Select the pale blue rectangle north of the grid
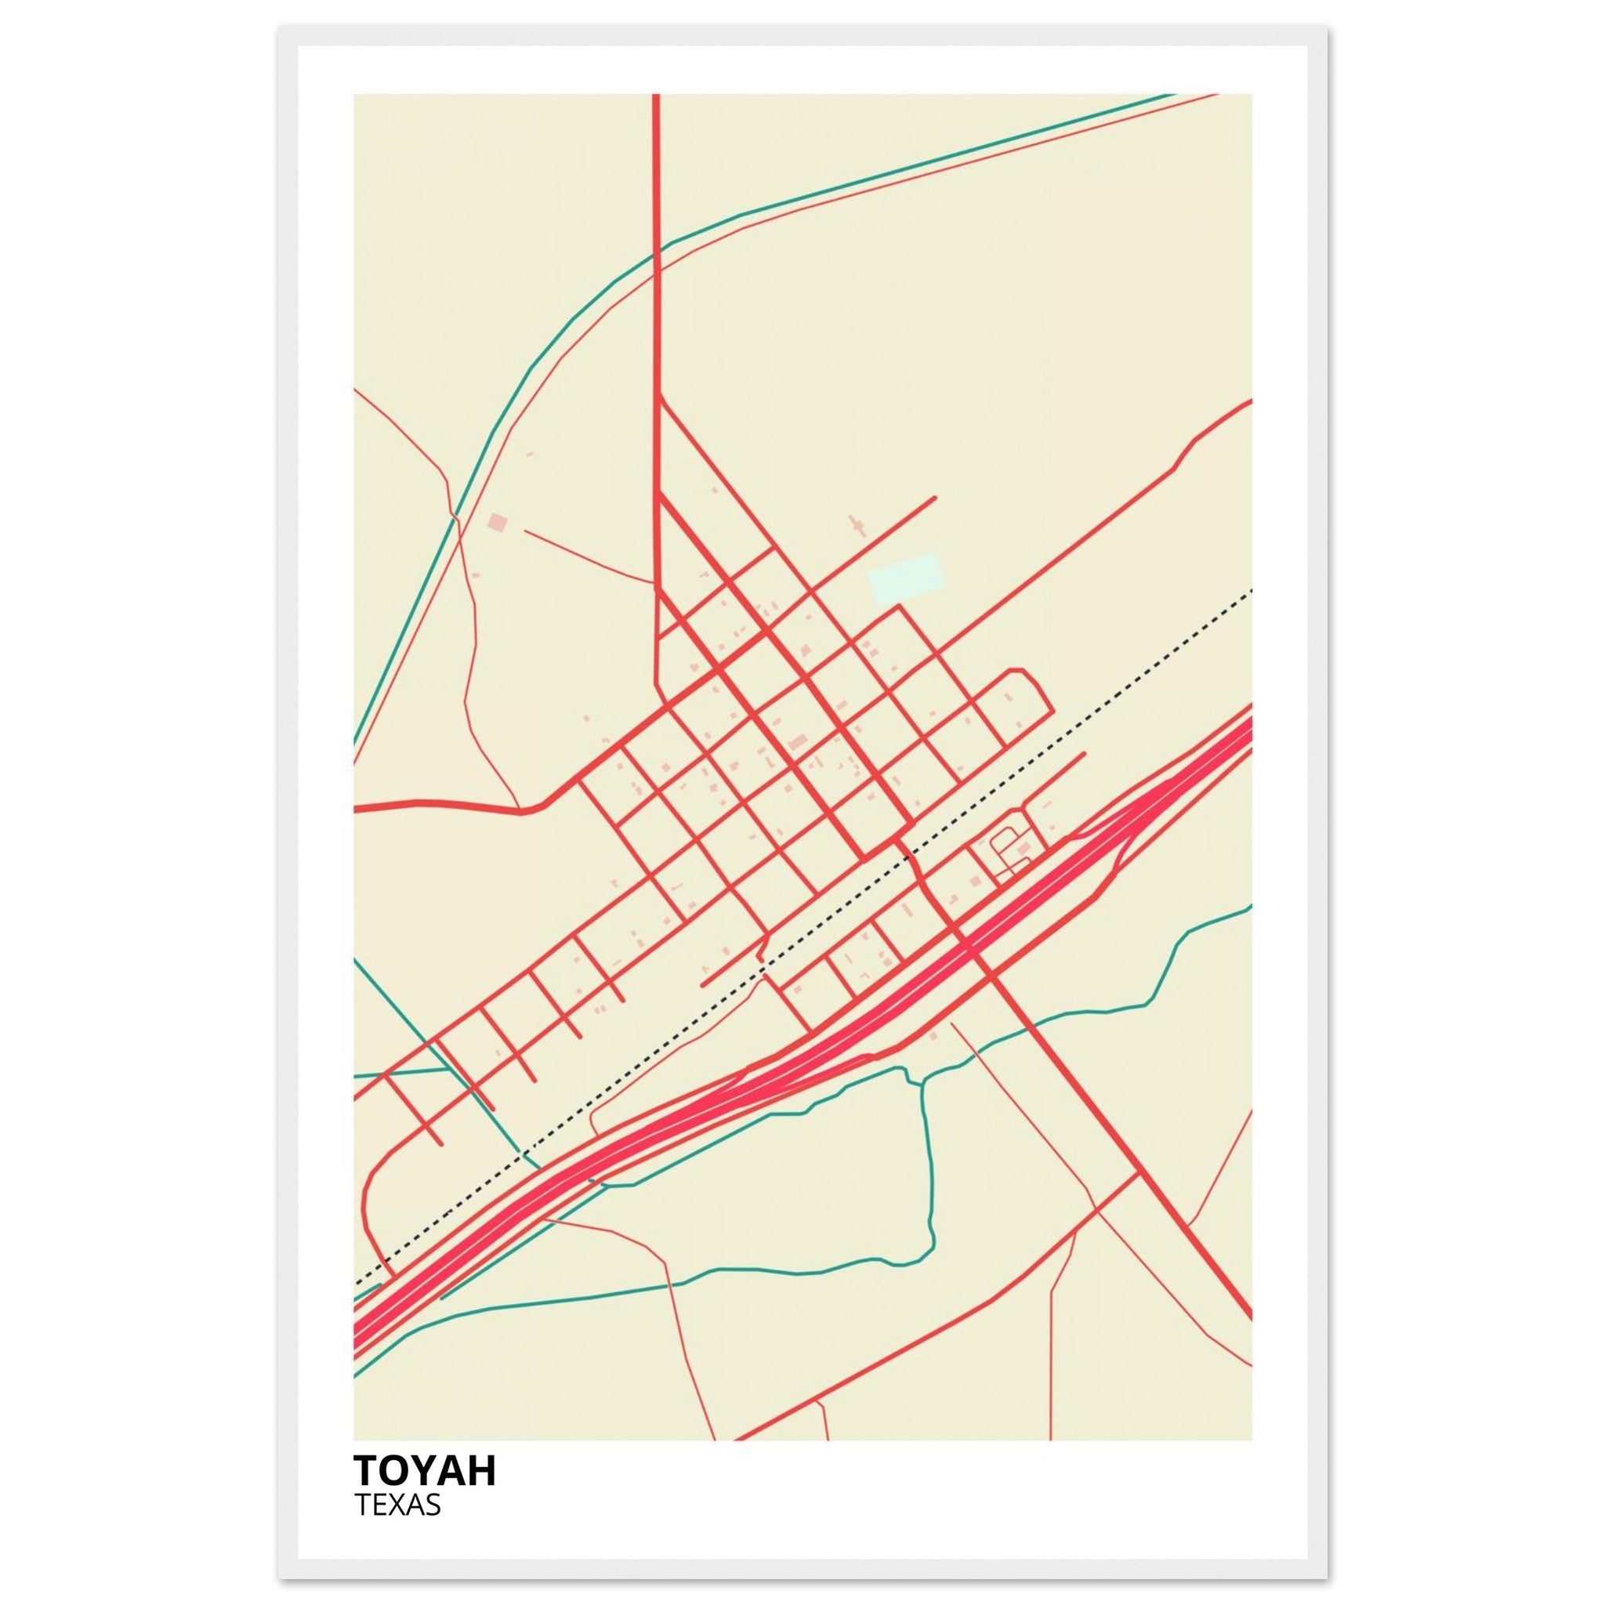(x=905, y=579)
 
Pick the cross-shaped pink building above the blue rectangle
(x=857, y=526)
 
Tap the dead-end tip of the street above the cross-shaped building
(x=935, y=498)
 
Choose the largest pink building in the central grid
(x=799, y=741)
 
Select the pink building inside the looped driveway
(x=1024, y=848)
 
